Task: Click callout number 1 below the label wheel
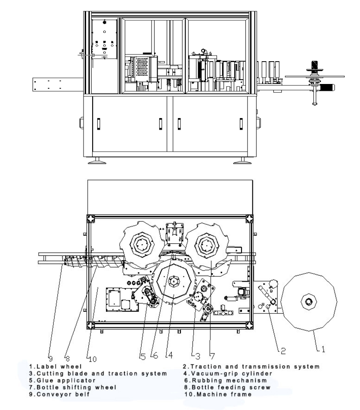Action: coord(323,349)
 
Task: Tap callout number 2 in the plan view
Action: coord(283,351)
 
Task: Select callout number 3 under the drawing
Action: coord(198,356)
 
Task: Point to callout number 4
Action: coord(170,355)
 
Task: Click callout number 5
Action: coord(143,357)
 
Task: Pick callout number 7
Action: coord(212,356)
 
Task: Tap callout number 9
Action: coord(50,358)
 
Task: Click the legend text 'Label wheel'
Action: coord(59,367)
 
